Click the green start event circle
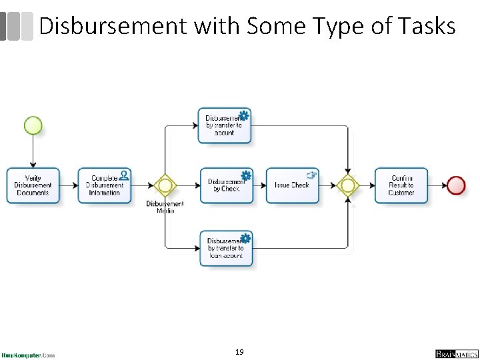point(33,125)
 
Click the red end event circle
point(457,185)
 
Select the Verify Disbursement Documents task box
point(33,185)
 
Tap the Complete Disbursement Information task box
point(105,185)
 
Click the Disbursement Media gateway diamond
point(165,185)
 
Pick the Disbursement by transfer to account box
point(225,125)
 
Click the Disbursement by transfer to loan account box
point(226,248)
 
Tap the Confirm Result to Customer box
point(401,185)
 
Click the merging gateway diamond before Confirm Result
point(347,185)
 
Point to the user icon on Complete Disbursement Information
point(123,175)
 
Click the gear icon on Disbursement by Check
point(246,175)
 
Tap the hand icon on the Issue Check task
point(311,175)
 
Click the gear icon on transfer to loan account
point(245,238)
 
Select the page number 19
point(240,351)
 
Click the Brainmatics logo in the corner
point(457,353)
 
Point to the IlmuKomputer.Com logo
point(28,355)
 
